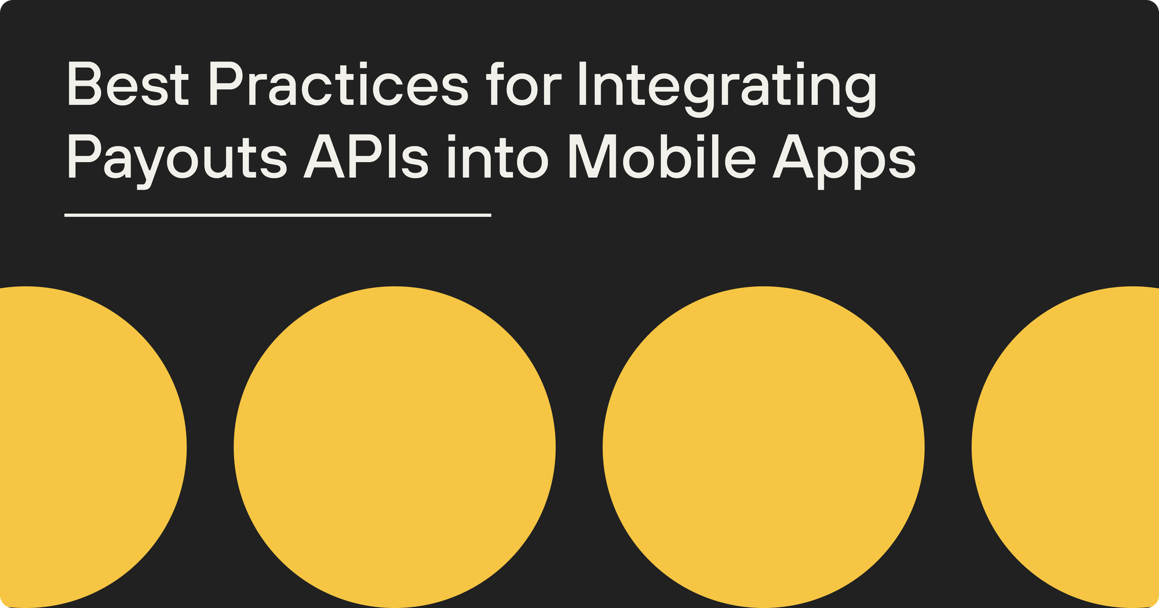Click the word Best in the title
(x=128, y=85)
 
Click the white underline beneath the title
(x=278, y=215)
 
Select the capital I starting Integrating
(x=581, y=85)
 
